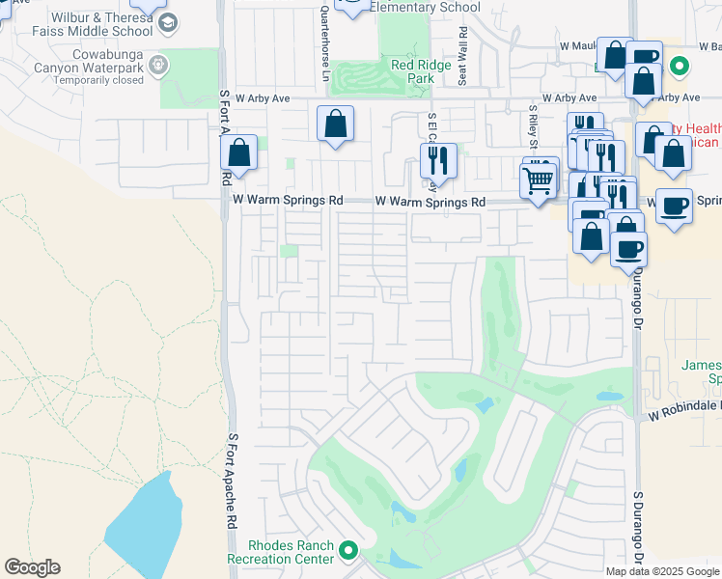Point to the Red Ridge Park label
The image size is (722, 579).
422,72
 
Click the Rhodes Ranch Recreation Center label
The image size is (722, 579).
280,552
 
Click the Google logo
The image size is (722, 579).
32,567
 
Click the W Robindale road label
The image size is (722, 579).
683,408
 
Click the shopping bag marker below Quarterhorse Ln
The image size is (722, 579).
335,124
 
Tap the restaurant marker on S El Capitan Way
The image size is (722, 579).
438,162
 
